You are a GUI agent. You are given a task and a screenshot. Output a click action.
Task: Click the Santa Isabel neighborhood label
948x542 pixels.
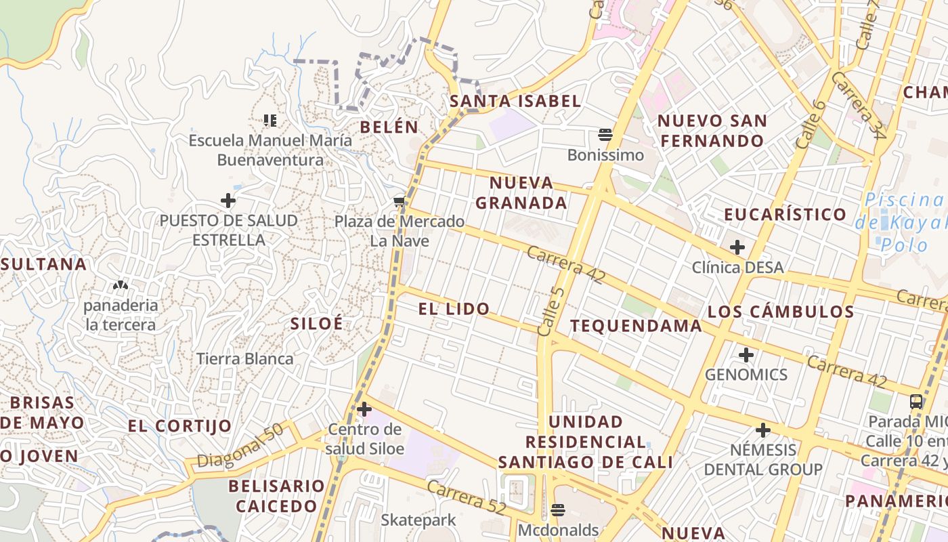pos(515,102)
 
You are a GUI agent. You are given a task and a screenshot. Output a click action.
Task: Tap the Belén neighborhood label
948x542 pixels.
pos(389,127)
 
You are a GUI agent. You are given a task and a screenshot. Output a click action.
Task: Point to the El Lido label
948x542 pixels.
pos(454,310)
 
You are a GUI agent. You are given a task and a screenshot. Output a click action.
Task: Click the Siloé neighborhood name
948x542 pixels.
pos(316,324)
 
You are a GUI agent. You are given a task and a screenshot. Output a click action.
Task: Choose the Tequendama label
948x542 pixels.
pos(636,326)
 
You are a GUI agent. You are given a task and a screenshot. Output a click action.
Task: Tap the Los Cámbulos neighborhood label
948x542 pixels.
pos(781,312)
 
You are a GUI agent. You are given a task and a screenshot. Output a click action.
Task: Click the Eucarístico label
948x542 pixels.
pos(785,215)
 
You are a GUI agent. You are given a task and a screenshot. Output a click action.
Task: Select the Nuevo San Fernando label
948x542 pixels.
pos(712,131)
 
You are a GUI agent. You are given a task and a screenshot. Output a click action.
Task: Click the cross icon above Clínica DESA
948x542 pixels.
pos(737,247)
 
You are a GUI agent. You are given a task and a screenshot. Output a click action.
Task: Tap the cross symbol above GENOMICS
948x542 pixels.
pos(746,354)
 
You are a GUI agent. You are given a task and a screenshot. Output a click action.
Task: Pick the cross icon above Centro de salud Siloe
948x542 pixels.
pos(364,409)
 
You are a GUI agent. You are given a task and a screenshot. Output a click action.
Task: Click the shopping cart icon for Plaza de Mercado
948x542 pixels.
pos(400,201)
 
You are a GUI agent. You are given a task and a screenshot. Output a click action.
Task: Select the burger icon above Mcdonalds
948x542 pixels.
pos(558,509)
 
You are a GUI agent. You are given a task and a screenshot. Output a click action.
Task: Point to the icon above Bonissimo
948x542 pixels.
pos(605,135)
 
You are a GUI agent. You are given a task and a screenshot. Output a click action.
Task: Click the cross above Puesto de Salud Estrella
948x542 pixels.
pos(228,201)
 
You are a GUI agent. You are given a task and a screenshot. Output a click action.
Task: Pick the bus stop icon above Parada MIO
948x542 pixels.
pos(916,401)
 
